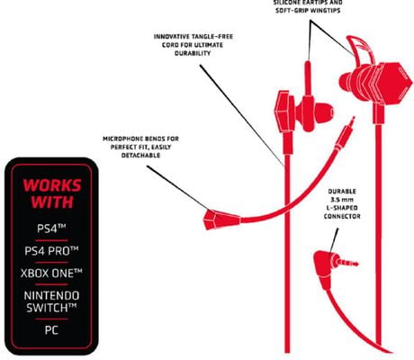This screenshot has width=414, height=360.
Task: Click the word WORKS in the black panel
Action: tap(52, 185)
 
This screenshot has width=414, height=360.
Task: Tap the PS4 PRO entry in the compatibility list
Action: tap(51, 250)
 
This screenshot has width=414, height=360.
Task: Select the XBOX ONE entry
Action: tap(51, 273)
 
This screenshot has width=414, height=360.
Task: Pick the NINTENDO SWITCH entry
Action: tap(51, 301)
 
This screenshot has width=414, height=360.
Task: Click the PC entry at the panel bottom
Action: tap(51, 330)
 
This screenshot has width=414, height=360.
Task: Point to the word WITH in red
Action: tap(52, 202)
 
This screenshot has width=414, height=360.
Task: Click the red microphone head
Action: tap(221, 219)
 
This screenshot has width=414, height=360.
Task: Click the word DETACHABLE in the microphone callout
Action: tap(140, 155)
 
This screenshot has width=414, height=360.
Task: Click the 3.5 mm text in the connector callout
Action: tap(342, 200)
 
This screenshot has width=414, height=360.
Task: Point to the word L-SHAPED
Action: tap(342, 208)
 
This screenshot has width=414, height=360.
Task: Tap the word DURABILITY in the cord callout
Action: tap(193, 53)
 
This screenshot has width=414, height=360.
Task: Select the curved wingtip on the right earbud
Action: tap(360, 47)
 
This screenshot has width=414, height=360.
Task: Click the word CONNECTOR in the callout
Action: tap(342, 216)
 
